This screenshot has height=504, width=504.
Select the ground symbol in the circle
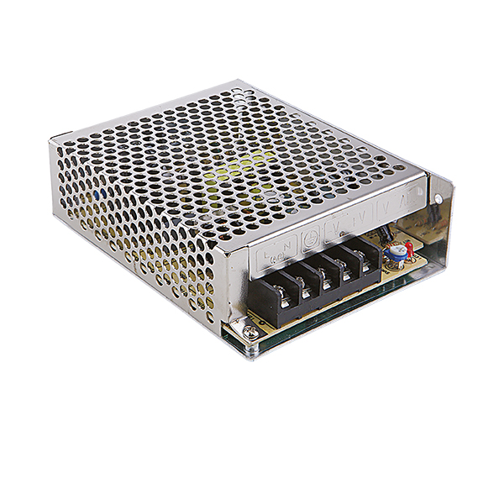(310, 235)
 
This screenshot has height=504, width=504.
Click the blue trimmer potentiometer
(391, 250)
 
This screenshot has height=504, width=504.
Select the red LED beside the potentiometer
(408, 247)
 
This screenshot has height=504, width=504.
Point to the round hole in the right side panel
(437, 199)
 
